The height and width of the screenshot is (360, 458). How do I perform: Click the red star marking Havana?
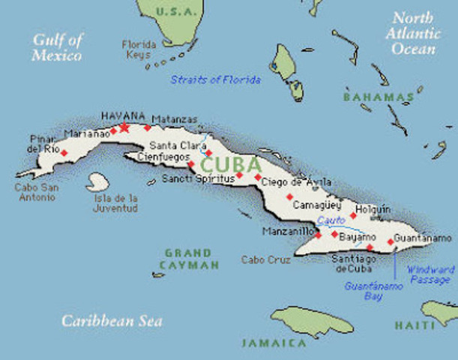pyautogui.click(x=124, y=127)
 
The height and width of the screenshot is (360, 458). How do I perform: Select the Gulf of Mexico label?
pyautogui.click(x=58, y=47)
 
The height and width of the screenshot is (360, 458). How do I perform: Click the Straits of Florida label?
pyautogui.click(x=215, y=79)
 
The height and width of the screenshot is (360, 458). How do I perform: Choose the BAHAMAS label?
pyautogui.click(x=379, y=97)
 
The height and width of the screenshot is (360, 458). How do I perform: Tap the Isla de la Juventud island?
pyautogui.click(x=97, y=182)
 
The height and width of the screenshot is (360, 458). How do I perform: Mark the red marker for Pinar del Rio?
pyautogui.click(x=64, y=153)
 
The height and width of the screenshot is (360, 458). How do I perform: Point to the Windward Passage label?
pyautogui.click(x=430, y=274)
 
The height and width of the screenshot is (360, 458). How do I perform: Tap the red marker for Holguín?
pyautogui.click(x=353, y=215)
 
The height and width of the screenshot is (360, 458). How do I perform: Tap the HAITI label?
pyautogui.click(x=415, y=325)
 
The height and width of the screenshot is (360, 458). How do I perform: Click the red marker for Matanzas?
pyautogui.click(x=148, y=127)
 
